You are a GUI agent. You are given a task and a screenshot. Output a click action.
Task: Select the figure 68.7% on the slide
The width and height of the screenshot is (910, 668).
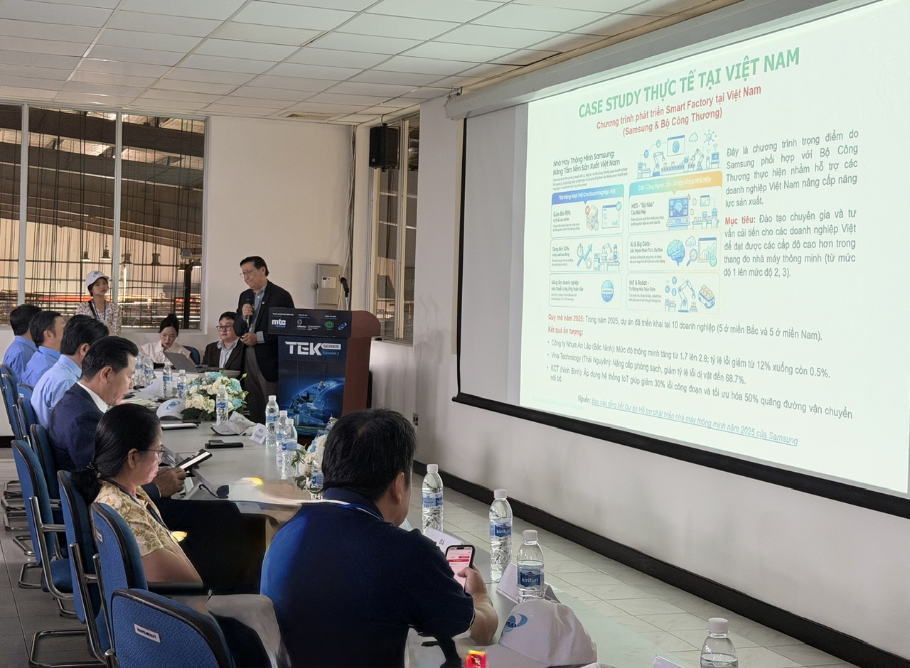tap(724, 379)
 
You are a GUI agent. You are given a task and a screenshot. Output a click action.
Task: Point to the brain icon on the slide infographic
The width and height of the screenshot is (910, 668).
tap(675, 251)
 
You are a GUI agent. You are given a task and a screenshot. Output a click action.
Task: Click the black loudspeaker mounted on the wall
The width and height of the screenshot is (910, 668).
tap(383, 146)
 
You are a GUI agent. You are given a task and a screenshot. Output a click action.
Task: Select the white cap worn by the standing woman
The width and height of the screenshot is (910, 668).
tap(95, 276)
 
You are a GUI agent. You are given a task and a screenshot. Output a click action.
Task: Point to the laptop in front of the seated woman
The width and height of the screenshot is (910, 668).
tap(183, 362)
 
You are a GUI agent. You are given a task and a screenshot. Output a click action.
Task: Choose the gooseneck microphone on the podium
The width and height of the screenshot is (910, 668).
tap(346, 287)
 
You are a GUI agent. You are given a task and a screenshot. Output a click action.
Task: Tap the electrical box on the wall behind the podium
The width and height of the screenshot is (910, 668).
tap(328, 285)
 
